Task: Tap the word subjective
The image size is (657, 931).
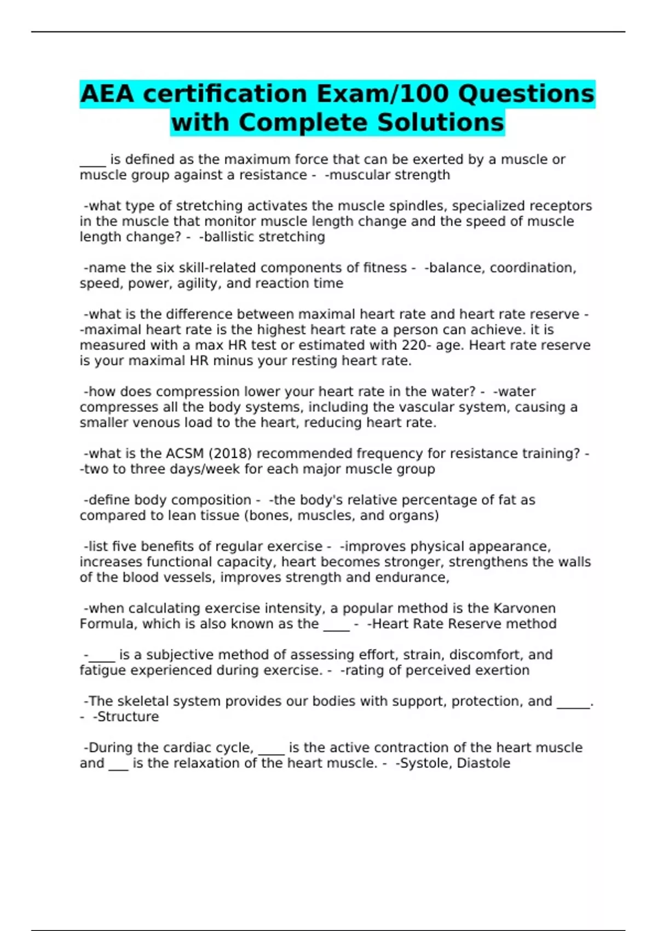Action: tap(178, 655)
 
